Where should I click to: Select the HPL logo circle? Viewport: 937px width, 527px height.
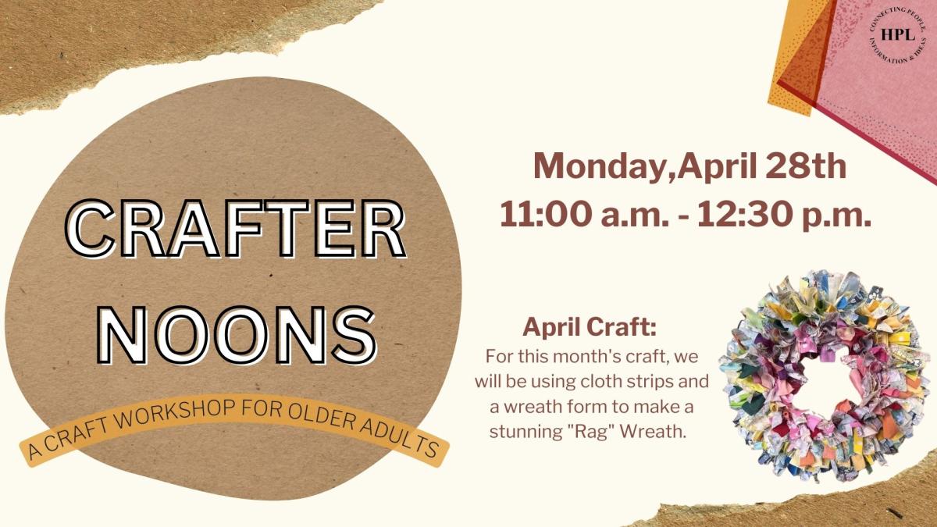(x=893, y=35)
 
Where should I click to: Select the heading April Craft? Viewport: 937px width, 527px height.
(x=590, y=326)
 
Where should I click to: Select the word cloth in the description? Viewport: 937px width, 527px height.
(x=622, y=383)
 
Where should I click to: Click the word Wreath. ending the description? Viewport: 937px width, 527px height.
(x=661, y=431)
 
